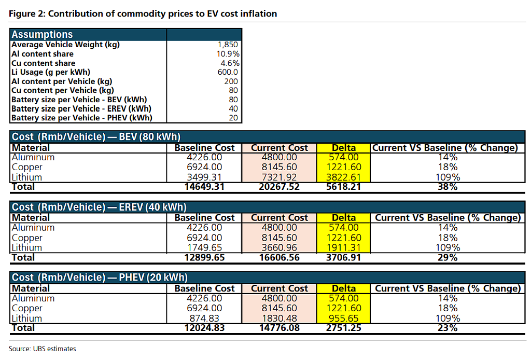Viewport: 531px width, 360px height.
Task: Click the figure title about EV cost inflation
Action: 143,13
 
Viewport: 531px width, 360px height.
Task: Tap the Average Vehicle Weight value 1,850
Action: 228,45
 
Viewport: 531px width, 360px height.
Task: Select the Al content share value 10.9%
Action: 228,54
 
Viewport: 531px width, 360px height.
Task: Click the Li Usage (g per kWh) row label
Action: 51,72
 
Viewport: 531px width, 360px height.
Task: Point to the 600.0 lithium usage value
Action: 228,72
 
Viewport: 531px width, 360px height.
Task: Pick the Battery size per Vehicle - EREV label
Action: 81,109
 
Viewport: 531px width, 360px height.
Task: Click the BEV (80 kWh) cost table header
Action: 96,136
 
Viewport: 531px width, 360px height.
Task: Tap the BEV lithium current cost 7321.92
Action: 279,177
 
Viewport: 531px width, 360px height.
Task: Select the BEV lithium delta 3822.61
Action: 343,177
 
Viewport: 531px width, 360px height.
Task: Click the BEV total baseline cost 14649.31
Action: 204,187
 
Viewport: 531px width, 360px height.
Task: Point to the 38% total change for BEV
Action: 448,187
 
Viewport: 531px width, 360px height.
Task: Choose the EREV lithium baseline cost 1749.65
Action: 204,247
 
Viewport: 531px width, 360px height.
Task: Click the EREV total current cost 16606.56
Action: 280,257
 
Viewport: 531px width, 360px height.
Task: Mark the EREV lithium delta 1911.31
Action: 343,247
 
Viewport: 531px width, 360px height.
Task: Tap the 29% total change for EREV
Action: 448,257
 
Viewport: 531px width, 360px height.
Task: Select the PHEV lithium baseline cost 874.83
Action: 204,319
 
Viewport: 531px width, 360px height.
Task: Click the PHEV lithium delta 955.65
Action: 343,319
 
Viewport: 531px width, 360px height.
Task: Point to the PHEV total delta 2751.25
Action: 343,328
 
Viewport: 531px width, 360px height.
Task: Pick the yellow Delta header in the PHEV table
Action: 343,288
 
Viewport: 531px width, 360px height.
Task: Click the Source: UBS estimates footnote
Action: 43,349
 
